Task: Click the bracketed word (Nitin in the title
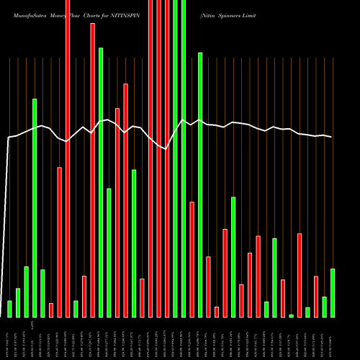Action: [x=209, y=14]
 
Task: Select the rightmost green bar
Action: [x=333, y=292]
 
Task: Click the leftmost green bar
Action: [x=9, y=309]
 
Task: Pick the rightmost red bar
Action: [x=316, y=296]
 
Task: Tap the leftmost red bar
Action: [x=51, y=310]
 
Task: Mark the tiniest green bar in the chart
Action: [x=291, y=315]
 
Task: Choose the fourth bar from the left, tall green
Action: [x=35, y=207]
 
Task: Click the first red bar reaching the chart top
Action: [x=68, y=158]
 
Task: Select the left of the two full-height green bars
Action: [x=175, y=158]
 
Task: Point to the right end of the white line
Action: [x=331, y=137]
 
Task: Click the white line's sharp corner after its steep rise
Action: [x=9, y=137]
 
